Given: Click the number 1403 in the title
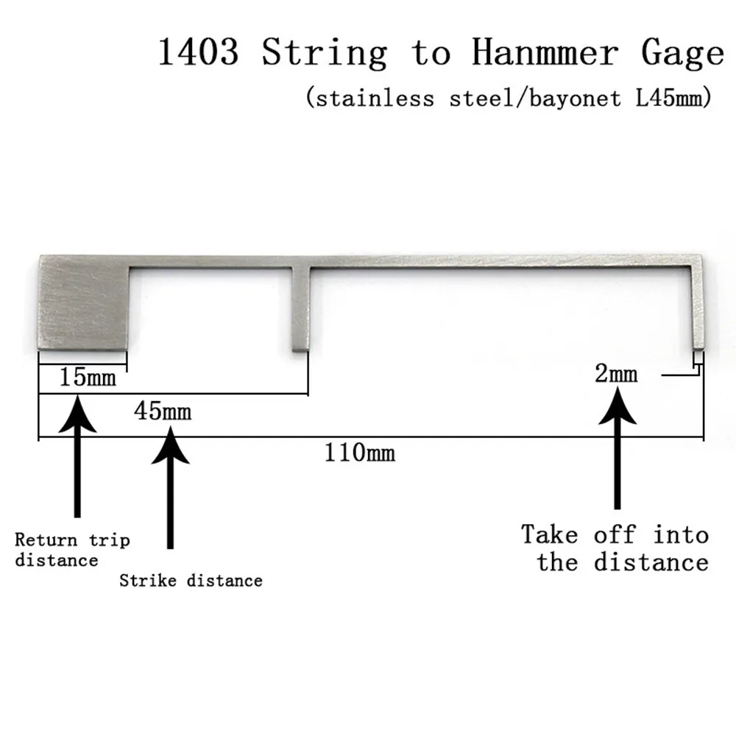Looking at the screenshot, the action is [199, 54].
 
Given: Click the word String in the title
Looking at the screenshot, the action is [325, 54].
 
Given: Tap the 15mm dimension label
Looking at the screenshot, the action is [88, 378].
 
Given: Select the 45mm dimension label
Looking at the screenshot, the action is [162, 411].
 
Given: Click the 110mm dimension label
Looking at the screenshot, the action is [360, 452].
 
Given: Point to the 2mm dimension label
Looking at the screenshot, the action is [616, 374].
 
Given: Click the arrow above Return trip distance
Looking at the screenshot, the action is [77, 456].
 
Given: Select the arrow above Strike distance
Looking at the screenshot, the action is [170, 486].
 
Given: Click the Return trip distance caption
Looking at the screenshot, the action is [71, 550].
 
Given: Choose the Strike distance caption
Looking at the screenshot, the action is [191, 581].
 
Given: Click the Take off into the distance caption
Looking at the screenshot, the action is [615, 548].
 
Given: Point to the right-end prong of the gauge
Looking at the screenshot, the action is [698, 309].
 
